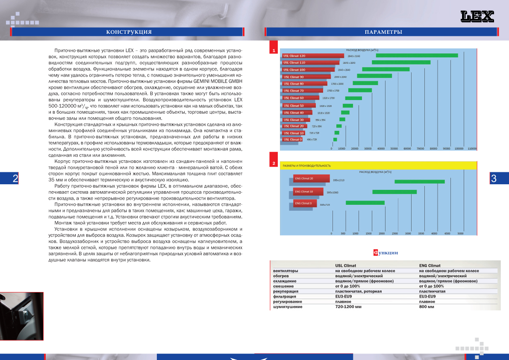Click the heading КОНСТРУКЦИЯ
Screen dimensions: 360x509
point(129,32)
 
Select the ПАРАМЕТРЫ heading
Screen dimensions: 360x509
point(383,32)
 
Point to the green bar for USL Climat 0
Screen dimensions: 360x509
point(335,139)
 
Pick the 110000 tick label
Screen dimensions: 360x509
point(472,148)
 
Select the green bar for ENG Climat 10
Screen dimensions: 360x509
point(394,192)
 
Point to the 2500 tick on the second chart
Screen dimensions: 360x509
point(395,233)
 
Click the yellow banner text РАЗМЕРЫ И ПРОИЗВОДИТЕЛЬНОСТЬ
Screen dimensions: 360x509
point(307,165)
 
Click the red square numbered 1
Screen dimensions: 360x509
point(274,50)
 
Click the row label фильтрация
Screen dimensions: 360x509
point(284,296)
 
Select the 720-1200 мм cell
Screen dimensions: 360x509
point(349,307)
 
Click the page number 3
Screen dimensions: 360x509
point(494,179)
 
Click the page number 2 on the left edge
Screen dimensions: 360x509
point(15,179)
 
